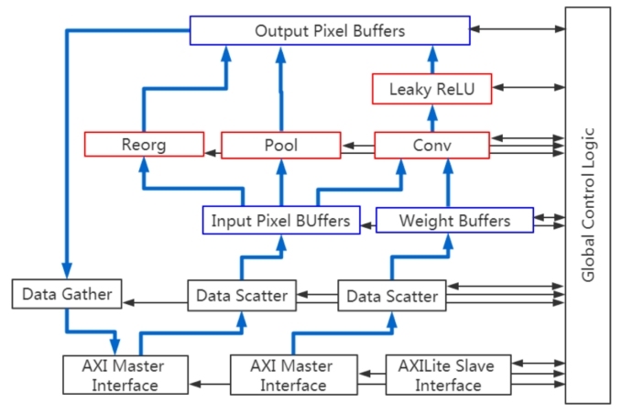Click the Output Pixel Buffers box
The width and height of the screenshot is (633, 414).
tap(330, 30)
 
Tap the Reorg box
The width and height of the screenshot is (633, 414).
tap(143, 145)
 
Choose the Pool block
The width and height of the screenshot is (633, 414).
tap(280, 145)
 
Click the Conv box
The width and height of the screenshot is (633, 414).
tap(431, 145)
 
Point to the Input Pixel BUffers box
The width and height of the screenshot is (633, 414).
tap(280, 221)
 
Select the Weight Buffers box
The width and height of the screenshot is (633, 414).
tap(454, 221)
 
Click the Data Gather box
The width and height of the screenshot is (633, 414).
tap(67, 294)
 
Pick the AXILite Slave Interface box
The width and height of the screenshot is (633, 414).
tap(447, 375)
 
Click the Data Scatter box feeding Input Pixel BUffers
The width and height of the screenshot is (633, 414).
tap(242, 296)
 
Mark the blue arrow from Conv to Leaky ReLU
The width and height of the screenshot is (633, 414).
tap(431, 117)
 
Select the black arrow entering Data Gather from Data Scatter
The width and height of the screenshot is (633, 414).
tap(155, 300)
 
